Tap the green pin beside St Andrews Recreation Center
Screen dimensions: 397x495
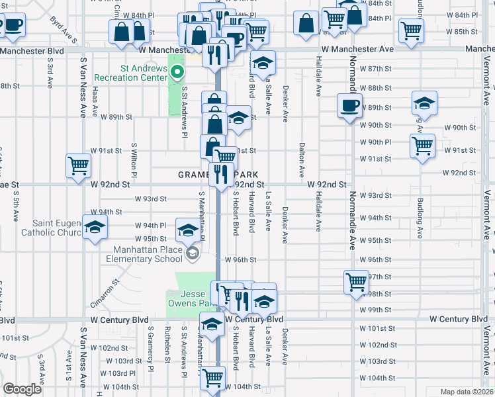tap(177, 71)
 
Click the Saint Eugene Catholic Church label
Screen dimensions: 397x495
tap(43, 227)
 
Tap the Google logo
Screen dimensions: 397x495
tap(22, 389)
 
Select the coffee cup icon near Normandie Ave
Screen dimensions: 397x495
tap(350, 105)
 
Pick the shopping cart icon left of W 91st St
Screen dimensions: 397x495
tap(78, 165)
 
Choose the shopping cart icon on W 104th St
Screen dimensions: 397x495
tap(213, 378)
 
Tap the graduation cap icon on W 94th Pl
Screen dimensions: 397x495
tap(95, 227)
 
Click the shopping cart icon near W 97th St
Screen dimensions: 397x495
tap(356, 282)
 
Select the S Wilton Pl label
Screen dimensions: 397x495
tap(134, 155)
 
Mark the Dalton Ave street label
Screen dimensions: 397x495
tap(302, 159)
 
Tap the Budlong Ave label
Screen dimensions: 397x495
tap(420, 216)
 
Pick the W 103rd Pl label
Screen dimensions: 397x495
tap(117, 373)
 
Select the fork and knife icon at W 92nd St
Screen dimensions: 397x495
tap(220, 174)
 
